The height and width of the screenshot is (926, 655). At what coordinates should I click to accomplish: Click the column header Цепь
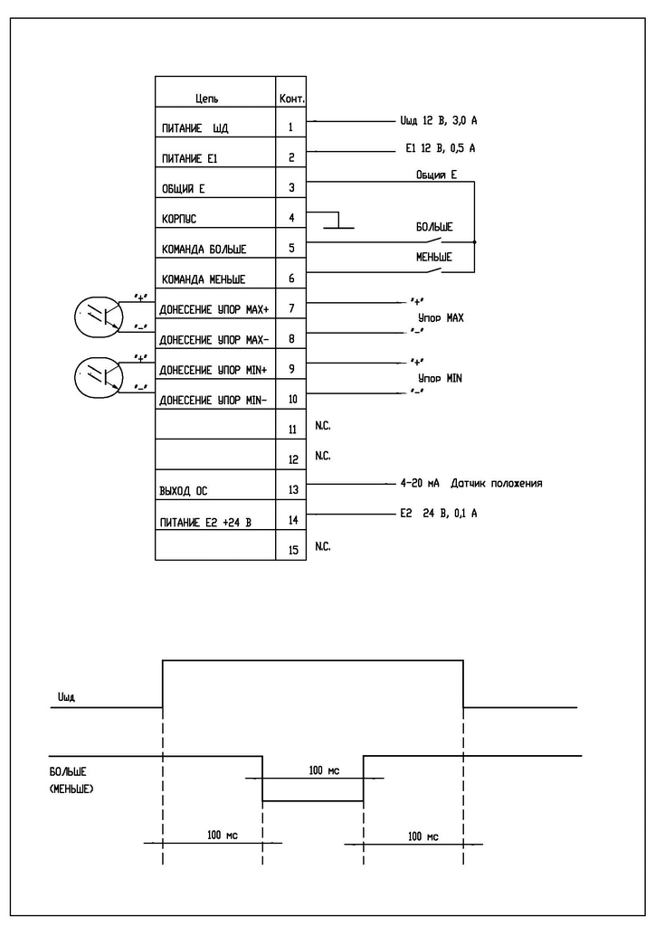coord(206,99)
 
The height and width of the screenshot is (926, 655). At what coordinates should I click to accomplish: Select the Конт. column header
coord(292,99)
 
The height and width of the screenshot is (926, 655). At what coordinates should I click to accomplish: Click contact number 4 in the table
coord(291,218)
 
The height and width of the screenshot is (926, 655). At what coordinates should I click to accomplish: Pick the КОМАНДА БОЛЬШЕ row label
coord(204,250)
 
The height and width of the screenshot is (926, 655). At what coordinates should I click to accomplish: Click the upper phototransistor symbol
coord(99,317)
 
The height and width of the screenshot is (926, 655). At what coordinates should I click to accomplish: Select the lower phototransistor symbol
coord(99,377)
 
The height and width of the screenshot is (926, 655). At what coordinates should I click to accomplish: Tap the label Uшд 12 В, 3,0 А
coord(438,120)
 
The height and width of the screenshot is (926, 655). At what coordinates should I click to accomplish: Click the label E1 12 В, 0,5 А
coord(440,148)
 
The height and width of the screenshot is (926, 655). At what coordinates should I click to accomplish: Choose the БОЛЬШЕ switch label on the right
coord(434,227)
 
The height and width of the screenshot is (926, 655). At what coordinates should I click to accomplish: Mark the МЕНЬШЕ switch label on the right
coord(434,257)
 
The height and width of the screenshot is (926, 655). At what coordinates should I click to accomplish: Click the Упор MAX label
coord(441,317)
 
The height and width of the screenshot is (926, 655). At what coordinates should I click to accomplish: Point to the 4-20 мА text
coord(420,483)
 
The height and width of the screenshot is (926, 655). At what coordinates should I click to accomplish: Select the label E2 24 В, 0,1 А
coord(438,514)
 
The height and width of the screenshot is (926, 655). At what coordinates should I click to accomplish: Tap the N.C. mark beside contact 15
coord(322,546)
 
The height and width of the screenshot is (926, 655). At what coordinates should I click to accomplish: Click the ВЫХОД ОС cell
coord(183,491)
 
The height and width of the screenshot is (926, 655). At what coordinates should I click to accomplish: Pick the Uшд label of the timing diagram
coord(66,697)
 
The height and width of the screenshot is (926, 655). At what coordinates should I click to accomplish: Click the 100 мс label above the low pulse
coord(324,770)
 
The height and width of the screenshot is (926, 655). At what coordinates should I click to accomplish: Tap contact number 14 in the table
coord(293,520)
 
